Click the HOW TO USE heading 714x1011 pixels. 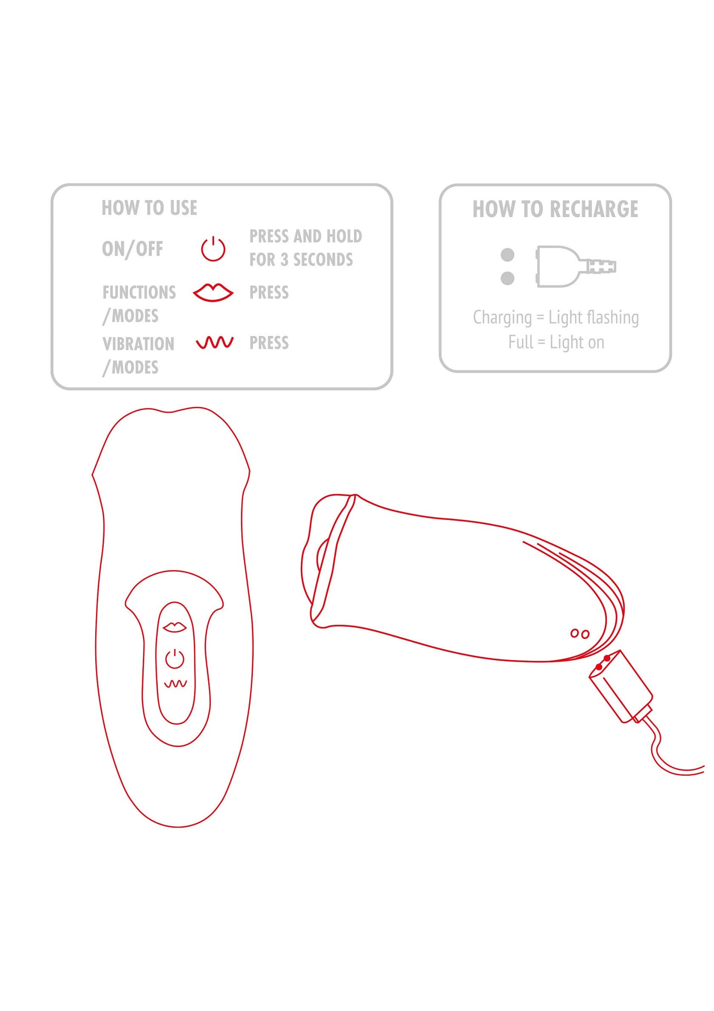(x=149, y=208)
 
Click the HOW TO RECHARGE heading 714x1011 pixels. (x=555, y=209)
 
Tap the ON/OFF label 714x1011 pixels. (x=132, y=249)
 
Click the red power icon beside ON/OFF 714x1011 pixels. (x=213, y=249)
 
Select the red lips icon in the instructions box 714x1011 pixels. (x=213, y=292)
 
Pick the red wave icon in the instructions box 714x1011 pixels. (x=215, y=342)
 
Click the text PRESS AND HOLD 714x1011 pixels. (x=306, y=237)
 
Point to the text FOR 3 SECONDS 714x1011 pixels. (x=301, y=260)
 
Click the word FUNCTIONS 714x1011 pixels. (x=139, y=292)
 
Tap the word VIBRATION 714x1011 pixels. (x=138, y=344)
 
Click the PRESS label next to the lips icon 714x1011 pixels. (x=269, y=292)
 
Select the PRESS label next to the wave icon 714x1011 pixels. (x=269, y=342)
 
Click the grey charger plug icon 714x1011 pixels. (x=576, y=266)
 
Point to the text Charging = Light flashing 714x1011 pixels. (x=556, y=317)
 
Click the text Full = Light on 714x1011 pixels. (x=556, y=342)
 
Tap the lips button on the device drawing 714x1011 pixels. (x=174, y=627)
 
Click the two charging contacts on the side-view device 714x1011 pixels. (x=580, y=634)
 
